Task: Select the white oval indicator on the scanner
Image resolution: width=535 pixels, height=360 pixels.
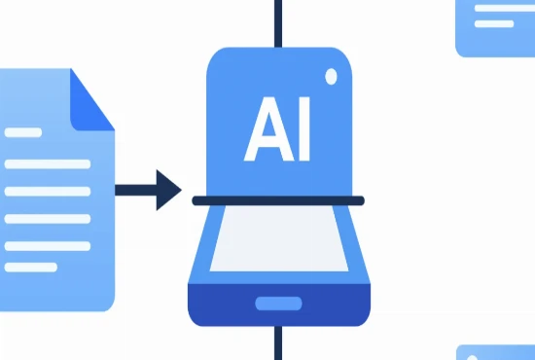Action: [331, 75]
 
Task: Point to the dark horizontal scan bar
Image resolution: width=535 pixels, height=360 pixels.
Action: [277, 201]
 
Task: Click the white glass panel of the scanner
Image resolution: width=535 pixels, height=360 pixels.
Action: [277, 242]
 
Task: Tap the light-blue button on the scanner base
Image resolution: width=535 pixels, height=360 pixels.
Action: [278, 304]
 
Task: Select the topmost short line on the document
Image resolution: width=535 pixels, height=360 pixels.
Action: [23, 132]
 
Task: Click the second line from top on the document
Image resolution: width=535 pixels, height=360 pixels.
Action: [47, 162]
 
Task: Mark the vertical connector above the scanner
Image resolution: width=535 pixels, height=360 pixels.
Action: [278, 22]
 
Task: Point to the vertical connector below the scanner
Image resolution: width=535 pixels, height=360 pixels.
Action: [278, 342]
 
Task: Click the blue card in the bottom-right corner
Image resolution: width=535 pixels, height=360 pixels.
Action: [496, 352]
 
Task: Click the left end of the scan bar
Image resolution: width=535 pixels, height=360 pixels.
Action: [196, 201]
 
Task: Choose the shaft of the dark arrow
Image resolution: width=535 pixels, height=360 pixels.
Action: [134, 189]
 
